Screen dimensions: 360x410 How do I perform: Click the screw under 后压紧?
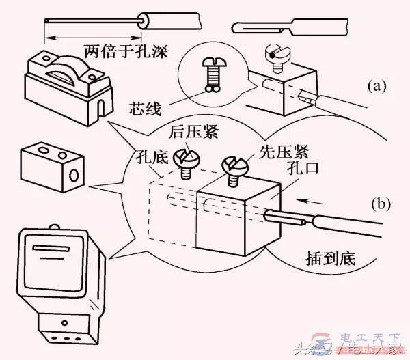coord(182,164)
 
